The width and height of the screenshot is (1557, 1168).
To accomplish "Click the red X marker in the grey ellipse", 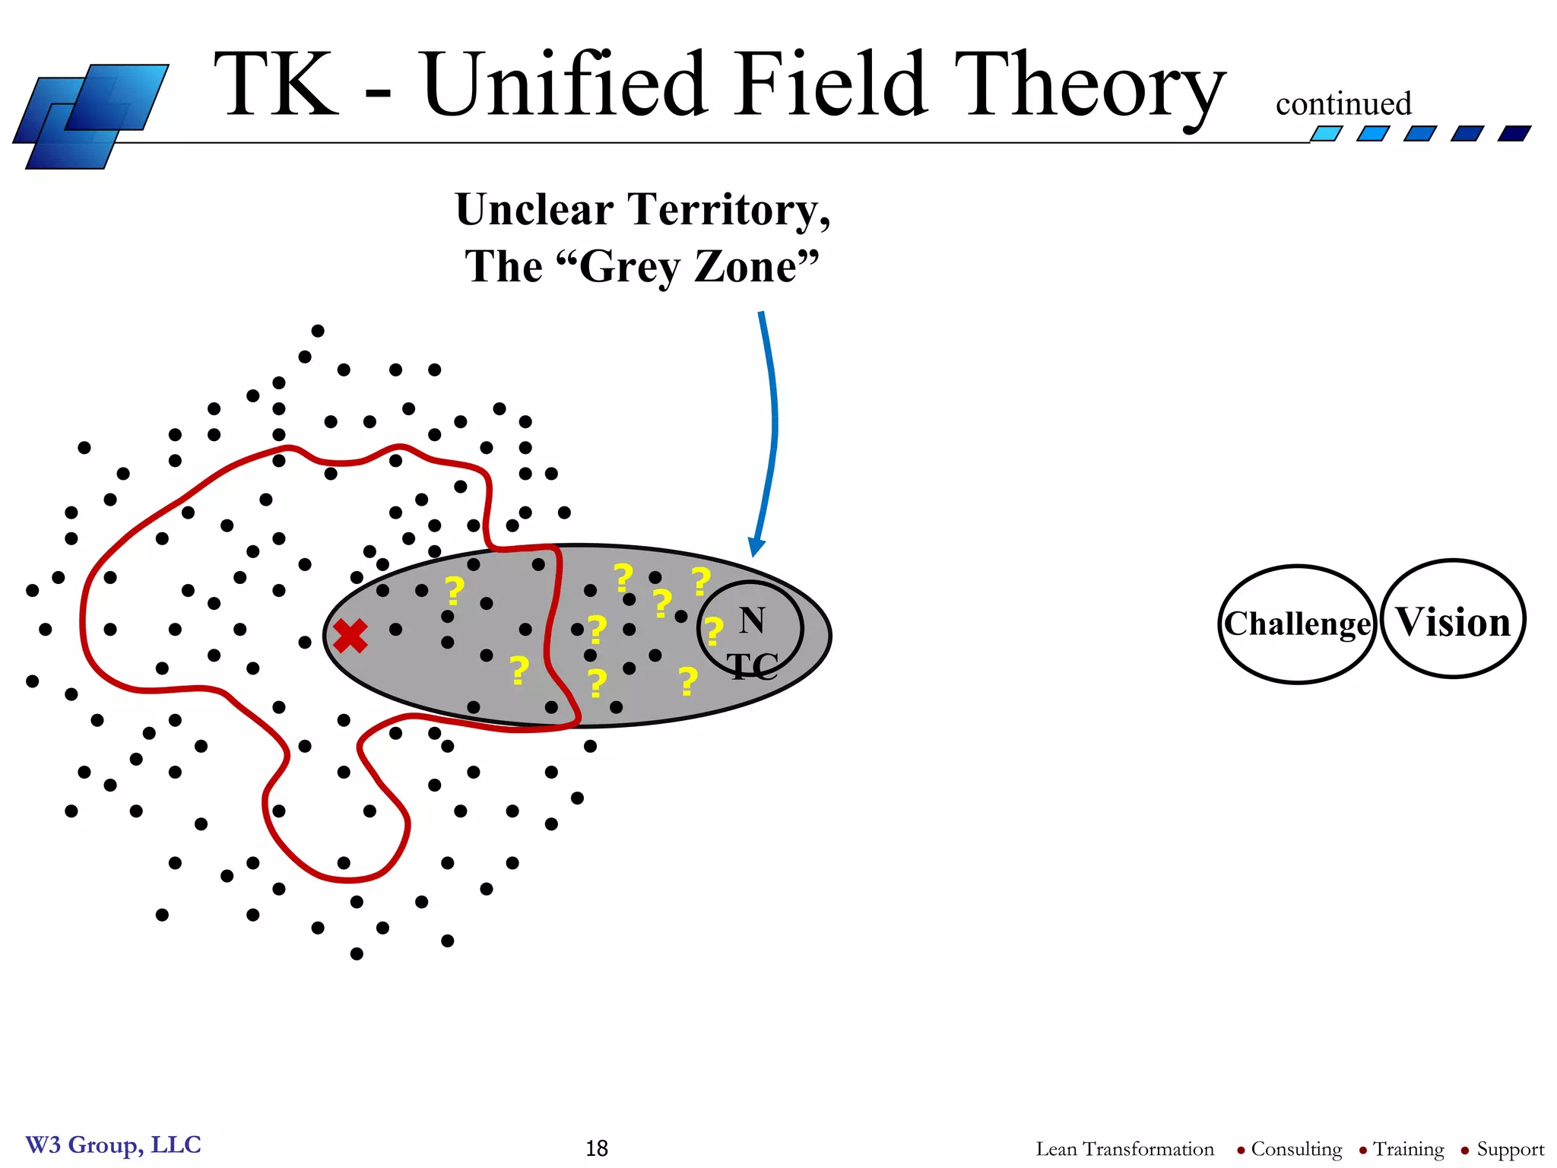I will pyautogui.click(x=350, y=636).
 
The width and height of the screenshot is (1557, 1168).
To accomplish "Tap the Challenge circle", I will pyautogui.click(x=1297, y=624).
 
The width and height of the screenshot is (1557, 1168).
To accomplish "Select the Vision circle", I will pyautogui.click(x=1453, y=620).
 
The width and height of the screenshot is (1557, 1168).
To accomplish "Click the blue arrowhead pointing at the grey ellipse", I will pyautogui.click(x=756, y=547).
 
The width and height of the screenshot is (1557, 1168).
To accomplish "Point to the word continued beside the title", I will pyautogui.click(x=1343, y=104).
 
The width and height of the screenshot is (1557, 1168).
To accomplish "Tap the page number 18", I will pyautogui.click(x=597, y=1148).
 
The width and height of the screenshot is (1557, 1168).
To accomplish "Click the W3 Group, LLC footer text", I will pyautogui.click(x=113, y=1144).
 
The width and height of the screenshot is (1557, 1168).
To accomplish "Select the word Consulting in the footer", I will pyautogui.click(x=1296, y=1149).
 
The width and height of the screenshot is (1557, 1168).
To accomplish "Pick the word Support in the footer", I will pyautogui.click(x=1510, y=1149).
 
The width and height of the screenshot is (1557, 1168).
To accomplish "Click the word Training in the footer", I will pyautogui.click(x=1408, y=1149).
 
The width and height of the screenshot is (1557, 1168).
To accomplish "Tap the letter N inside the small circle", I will pyautogui.click(x=752, y=620).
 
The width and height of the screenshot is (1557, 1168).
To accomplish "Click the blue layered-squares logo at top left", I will pyautogui.click(x=90, y=116).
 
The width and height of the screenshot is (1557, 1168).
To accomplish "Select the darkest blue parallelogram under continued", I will pyautogui.click(x=1514, y=134).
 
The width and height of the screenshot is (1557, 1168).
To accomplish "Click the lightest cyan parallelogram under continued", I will pyautogui.click(x=1327, y=134).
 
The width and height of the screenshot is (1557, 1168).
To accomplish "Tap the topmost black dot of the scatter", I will pyautogui.click(x=318, y=331).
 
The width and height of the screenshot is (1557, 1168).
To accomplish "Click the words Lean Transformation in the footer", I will pyautogui.click(x=1124, y=1149).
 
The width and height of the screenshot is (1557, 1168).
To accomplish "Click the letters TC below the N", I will pyautogui.click(x=753, y=667).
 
